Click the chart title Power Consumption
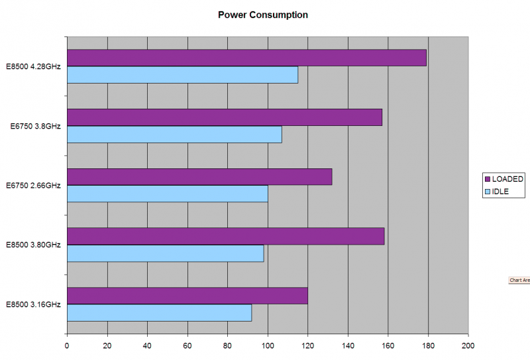coord(263,15)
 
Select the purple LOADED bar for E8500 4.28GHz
coord(246,58)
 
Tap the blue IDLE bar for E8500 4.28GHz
coord(182,75)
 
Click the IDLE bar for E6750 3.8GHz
coord(174,135)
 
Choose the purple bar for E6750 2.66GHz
coord(199,177)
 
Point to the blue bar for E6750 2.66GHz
coord(167,194)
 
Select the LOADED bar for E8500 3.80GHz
coord(225,236)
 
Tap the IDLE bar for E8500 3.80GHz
coord(165,253)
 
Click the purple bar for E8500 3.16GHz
coord(187,296)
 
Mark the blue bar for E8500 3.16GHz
coord(159,313)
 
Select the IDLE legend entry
coord(502,192)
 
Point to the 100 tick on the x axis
coord(268,345)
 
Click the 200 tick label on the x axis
coord(468,345)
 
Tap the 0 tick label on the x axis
coord(67,345)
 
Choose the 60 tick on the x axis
coord(187,345)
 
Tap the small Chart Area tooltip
coord(519,280)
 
